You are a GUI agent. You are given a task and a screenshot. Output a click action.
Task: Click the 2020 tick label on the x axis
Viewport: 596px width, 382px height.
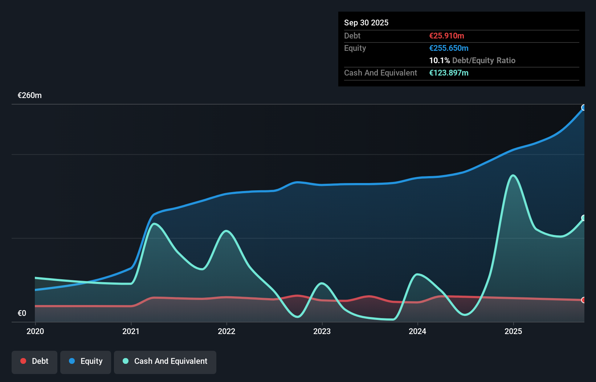(x=35, y=331)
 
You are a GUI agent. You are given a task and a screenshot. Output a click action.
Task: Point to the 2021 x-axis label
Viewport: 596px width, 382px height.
(x=131, y=331)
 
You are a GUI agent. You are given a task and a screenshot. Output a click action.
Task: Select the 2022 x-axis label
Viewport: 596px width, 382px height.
(x=226, y=331)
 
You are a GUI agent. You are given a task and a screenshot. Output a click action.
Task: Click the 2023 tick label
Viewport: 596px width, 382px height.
(x=322, y=331)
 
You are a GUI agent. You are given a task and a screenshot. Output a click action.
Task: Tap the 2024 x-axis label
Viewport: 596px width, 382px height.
(x=417, y=331)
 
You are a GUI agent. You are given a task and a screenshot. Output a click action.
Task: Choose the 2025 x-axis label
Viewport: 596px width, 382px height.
(x=513, y=331)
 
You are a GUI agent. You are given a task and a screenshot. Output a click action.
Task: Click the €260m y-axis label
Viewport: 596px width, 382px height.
(x=30, y=95)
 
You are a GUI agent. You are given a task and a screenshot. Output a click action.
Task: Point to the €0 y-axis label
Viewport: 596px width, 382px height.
(x=22, y=313)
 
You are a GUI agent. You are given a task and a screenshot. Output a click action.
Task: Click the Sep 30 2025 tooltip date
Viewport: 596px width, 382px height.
(x=366, y=23)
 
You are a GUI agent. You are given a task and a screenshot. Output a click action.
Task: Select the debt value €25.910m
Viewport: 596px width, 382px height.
(x=446, y=36)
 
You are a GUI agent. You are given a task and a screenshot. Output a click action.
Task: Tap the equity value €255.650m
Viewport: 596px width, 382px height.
(x=449, y=48)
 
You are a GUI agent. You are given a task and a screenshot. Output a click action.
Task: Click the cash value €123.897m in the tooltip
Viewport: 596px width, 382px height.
(x=449, y=73)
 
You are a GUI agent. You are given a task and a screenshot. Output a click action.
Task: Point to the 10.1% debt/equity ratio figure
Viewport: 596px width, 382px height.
(x=439, y=60)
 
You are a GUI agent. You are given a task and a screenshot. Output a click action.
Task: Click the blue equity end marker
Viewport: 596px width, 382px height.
(x=584, y=107)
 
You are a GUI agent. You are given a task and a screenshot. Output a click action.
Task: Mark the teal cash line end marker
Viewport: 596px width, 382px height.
(x=584, y=218)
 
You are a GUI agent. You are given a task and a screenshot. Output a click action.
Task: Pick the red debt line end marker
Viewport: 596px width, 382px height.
(x=584, y=300)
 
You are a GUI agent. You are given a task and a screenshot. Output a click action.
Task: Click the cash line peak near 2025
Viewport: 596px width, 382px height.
(x=513, y=176)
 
